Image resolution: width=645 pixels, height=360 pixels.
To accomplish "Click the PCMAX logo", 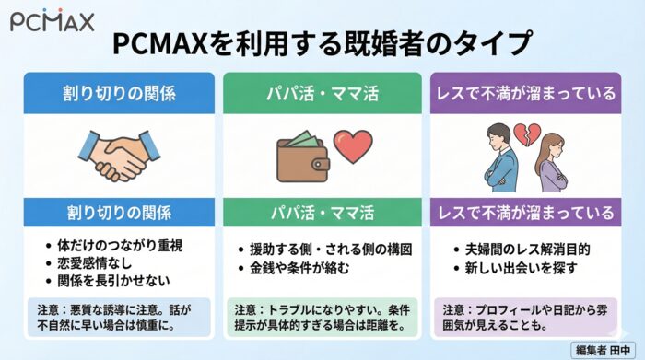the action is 52,19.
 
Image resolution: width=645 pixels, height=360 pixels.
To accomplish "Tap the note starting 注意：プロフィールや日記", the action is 526,316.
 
